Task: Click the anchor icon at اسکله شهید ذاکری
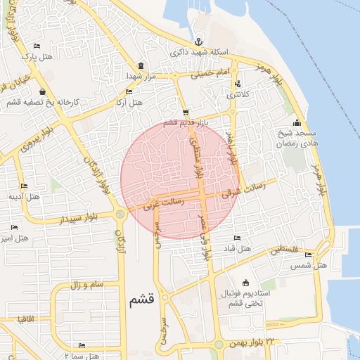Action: (198, 41)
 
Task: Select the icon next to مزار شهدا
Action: (142, 64)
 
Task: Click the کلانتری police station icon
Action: (237, 84)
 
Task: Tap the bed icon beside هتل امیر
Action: (15, 227)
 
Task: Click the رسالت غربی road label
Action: (163, 204)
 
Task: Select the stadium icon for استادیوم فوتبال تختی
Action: (245, 282)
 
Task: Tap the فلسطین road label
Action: (303, 251)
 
